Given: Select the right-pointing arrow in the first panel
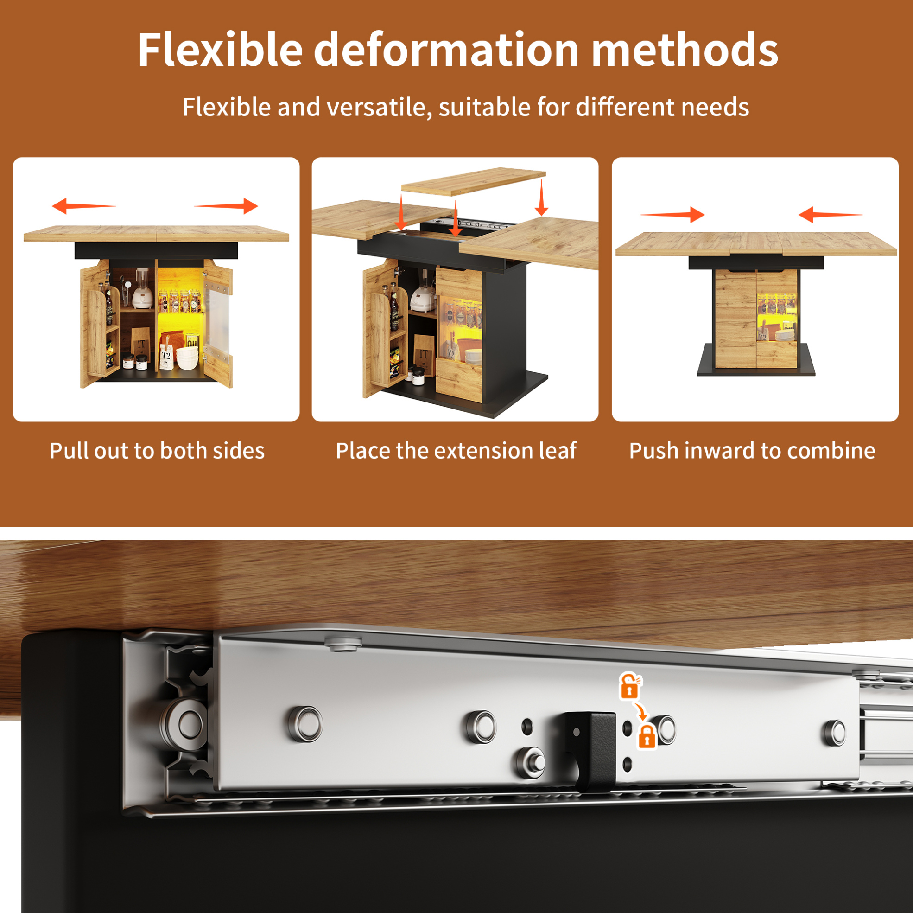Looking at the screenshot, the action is click(x=226, y=206).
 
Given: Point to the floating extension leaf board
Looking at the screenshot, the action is click(x=473, y=181).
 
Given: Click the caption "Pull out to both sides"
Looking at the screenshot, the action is click(x=157, y=451).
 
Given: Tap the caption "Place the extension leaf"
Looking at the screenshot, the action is click(x=456, y=451).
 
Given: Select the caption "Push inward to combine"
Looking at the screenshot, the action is click(x=752, y=451).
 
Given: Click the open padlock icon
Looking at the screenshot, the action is click(x=630, y=686).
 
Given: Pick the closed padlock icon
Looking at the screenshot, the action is click(x=647, y=737).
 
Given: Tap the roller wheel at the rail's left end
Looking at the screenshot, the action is click(x=185, y=724).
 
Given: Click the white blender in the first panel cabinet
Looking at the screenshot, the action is click(x=142, y=288).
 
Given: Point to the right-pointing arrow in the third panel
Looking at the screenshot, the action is click(x=672, y=215).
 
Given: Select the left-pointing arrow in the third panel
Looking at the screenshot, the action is click(x=831, y=215).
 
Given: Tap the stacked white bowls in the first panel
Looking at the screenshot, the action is click(x=187, y=358).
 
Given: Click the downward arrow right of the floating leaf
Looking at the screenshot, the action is click(x=542, y=198).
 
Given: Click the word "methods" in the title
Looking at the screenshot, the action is click(x=685, y=50).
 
